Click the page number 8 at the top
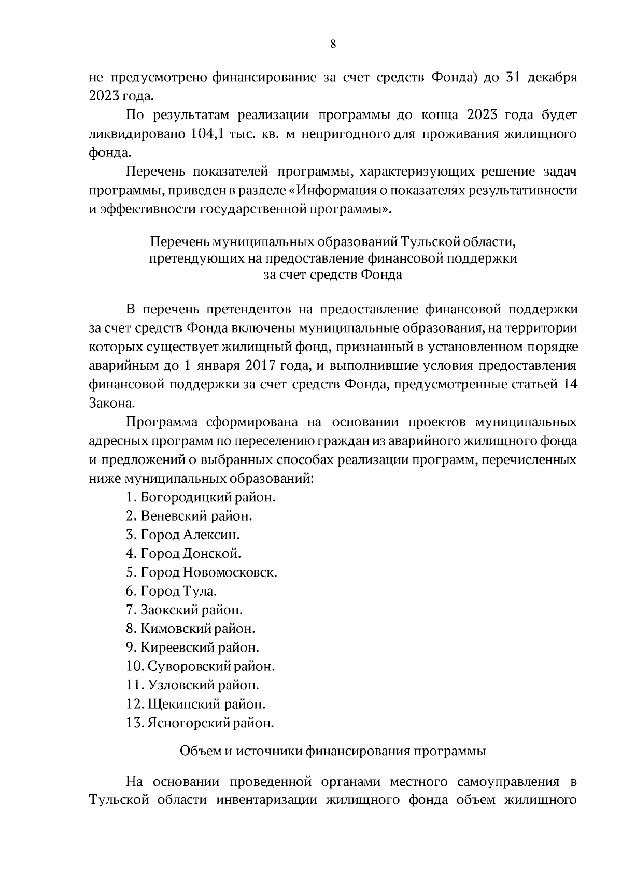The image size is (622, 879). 333,44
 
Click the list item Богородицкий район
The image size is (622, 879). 200,497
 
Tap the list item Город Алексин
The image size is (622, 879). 182,535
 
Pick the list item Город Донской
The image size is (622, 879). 183,554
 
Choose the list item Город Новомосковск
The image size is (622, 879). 201,572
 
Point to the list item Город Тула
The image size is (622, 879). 171,591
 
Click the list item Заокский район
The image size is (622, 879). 184,610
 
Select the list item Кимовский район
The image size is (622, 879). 190,629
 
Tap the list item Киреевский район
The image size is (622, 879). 192,647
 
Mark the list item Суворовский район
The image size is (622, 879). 200,666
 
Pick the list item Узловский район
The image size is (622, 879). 192,685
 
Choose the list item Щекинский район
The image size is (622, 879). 195,704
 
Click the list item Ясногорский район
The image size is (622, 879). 200,723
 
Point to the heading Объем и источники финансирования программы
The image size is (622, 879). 332,751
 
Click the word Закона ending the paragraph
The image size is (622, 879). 107,403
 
